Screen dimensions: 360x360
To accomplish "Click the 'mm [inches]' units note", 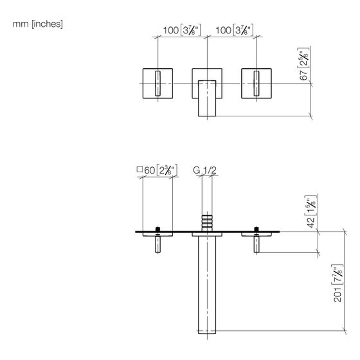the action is [37, 24].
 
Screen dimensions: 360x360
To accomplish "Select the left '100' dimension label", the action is [171, 30].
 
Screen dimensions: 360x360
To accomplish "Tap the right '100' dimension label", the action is [223, 30].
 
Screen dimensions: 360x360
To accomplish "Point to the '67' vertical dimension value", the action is [303, 75].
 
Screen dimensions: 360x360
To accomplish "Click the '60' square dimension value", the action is [150, 170].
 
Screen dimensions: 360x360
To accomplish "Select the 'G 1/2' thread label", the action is [205, 170].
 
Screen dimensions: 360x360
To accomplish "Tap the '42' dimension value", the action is [311, 222].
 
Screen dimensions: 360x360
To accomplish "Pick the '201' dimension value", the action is [337, 294].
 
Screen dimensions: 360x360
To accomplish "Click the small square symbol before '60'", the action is [139, 170].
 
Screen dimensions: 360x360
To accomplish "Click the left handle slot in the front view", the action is [157, 84].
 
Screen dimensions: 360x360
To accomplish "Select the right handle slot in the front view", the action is [256, 84].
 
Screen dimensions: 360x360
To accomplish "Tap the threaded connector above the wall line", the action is [207, 223].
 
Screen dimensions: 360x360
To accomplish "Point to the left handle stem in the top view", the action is [157, 244].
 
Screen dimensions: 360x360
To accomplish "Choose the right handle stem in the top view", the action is [256, 244].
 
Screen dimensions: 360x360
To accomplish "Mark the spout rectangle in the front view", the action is [207, 98].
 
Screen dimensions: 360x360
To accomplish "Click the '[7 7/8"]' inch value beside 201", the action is [337, 275].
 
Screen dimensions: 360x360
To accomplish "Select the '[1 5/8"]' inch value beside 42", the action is [311, 206].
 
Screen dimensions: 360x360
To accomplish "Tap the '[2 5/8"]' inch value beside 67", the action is [303, 58].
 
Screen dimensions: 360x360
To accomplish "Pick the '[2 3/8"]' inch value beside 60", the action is [166, 170].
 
